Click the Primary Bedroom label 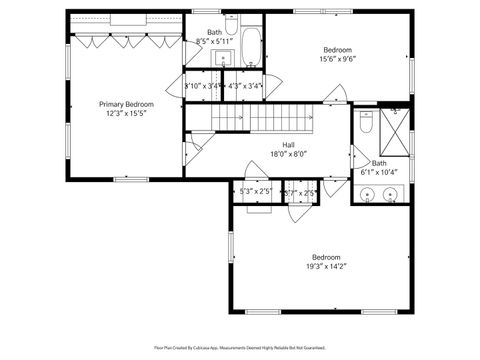(x=125, y=104)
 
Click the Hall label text (x=287, y=145)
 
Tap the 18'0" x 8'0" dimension (x=287, y=154)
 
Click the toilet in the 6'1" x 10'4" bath (x=366, y=125)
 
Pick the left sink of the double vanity (x=367, y=196)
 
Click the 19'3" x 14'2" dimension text (x=326, y=266)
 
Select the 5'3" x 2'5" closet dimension (x=256, y=191)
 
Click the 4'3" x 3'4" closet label (x=245, y=86)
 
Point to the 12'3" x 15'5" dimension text (x=125, y=114)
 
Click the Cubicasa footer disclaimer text (x=240, y=347)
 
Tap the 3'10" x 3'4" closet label (x=203, y=86)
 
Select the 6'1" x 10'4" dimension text (x=379, y=172)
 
